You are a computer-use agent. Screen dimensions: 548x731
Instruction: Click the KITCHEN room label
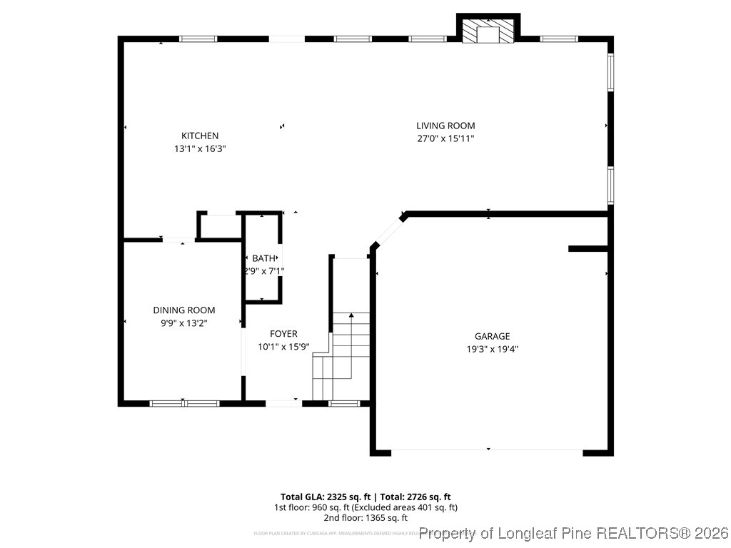coord(200,136)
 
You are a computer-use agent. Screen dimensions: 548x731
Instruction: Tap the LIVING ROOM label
coord(445,126)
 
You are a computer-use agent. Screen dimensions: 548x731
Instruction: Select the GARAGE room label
coord(493,336)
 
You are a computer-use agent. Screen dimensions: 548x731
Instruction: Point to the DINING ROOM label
coord(184,310)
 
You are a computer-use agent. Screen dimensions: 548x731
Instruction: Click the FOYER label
coord(283,334)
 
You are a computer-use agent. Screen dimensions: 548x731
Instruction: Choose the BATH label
coord(263,258)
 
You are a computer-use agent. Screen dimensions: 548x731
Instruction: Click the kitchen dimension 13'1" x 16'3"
coord(200,149)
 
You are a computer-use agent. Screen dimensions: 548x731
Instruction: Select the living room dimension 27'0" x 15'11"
coord(445,138)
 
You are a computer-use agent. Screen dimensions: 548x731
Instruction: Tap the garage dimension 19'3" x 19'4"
coord(493,349)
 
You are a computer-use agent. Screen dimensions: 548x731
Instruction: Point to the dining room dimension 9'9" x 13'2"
coord(184,323)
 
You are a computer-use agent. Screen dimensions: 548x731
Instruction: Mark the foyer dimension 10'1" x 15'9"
coord(283,347)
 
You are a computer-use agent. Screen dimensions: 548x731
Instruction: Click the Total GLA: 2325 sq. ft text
coord(325,497)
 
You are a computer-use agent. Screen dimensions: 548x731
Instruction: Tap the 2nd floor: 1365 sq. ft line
coord(365,518)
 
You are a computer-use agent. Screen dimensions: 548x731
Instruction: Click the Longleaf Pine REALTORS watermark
coord(574,533)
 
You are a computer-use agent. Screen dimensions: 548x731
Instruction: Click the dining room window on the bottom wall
coord(184,403)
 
